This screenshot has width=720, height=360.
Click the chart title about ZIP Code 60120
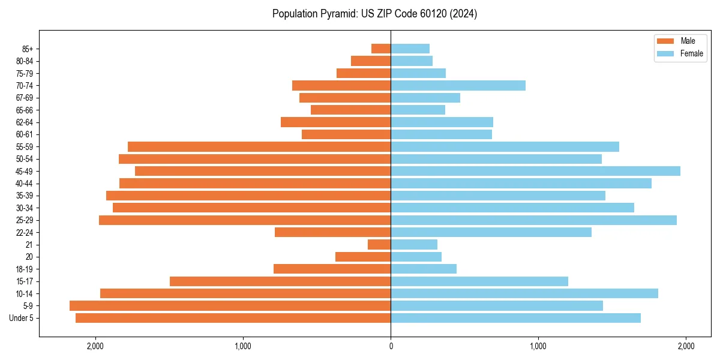coord(374,14)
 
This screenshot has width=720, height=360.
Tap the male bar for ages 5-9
coord(230,306)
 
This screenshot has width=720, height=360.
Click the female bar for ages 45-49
coord(535,171)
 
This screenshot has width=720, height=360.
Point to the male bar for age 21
coord(379,245)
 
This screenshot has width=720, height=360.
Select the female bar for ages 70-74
coord(458,86)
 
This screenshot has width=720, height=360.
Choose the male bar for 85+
coord(381,49)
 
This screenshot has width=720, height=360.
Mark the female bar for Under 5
coord(515,318)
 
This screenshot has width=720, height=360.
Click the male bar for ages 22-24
coord(332,232)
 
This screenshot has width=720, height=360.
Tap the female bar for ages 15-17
coord(479,281)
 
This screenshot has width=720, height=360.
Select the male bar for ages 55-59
coord(259,147)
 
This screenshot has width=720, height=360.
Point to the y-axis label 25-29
coord(25,220)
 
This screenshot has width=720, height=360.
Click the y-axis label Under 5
coord(22,318)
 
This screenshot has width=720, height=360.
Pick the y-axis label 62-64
coord(25,122)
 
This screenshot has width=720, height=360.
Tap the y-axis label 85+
coord(27,49)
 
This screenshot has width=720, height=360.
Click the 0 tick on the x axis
coord(391,346)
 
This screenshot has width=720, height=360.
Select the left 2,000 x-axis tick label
coord(95,346)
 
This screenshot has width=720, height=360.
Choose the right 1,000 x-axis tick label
coord(538,346)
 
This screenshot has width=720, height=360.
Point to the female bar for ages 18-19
coord(424,269)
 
